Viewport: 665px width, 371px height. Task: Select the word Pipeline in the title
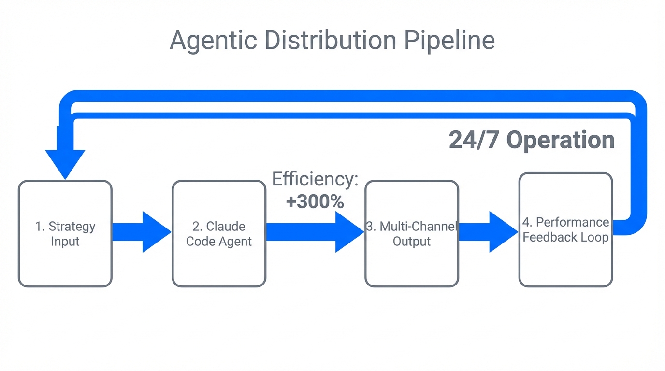(449, 41)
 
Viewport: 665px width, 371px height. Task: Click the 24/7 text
(474, 140)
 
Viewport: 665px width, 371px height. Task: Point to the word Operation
(560, 140)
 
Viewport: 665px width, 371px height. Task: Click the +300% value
(315, 201)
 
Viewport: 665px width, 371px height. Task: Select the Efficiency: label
(315, 179)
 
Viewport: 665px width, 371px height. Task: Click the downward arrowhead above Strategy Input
(65, 162)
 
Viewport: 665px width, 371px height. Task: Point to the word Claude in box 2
(226, 226)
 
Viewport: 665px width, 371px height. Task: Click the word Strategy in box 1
(72, 226)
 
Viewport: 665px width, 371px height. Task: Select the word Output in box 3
(411, 241)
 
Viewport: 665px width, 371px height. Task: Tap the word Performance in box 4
(572, 222)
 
